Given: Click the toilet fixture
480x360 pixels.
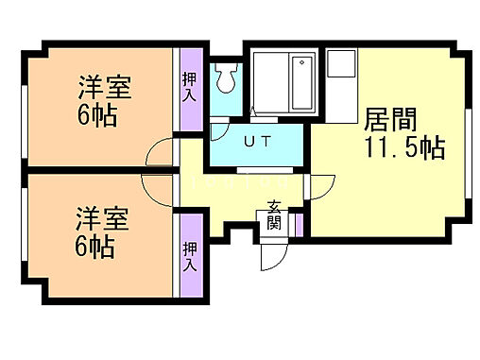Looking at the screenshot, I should pos(224,78).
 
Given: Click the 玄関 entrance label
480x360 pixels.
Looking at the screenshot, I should pos(274,214).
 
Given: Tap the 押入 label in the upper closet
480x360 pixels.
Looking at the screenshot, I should pos(189,89).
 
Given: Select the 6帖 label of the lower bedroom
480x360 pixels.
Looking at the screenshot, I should pos(96,249).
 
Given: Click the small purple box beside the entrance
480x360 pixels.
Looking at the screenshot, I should pos(298,225).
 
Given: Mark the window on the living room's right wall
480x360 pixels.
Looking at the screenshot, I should pos(468,142).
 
